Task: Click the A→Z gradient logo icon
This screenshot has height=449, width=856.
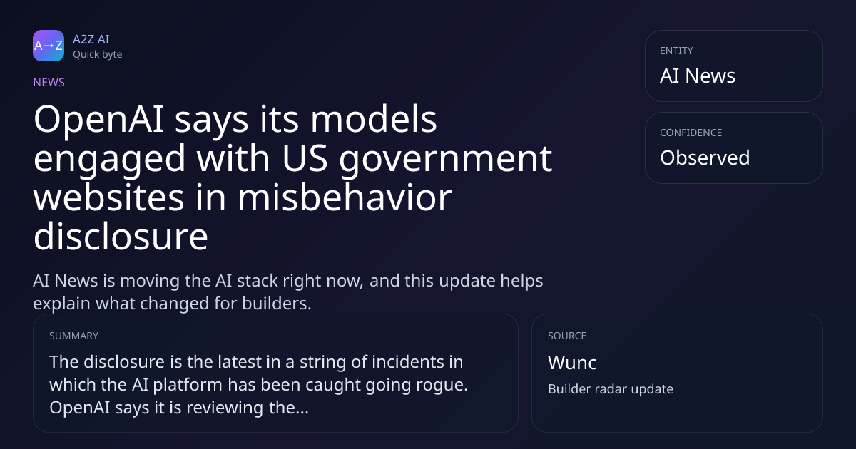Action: pos(49,46)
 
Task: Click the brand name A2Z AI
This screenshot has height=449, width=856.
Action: pos(91,39)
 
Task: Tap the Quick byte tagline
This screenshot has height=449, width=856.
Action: pos(98,55)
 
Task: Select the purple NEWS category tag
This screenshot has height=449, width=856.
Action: pos(49,82)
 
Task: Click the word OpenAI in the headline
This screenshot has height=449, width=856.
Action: pos(99,120)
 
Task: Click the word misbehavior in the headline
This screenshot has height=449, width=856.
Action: pos(345,197)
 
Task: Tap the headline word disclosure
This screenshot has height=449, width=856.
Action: pos(121,237)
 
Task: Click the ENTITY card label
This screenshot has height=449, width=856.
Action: pos(676,51)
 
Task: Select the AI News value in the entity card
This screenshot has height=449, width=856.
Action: pos(698,76)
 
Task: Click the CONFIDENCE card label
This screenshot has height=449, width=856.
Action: pos(691,133)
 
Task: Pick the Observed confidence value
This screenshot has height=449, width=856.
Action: pos(705,158)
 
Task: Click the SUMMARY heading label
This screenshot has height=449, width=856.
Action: pos(73,336)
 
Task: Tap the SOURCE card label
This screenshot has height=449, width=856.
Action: pos(567,336)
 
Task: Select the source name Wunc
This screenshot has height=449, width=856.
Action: pos(572,363)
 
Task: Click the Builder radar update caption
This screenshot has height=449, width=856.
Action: pos(611,389)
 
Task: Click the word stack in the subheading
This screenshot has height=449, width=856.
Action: pos(258,281)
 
